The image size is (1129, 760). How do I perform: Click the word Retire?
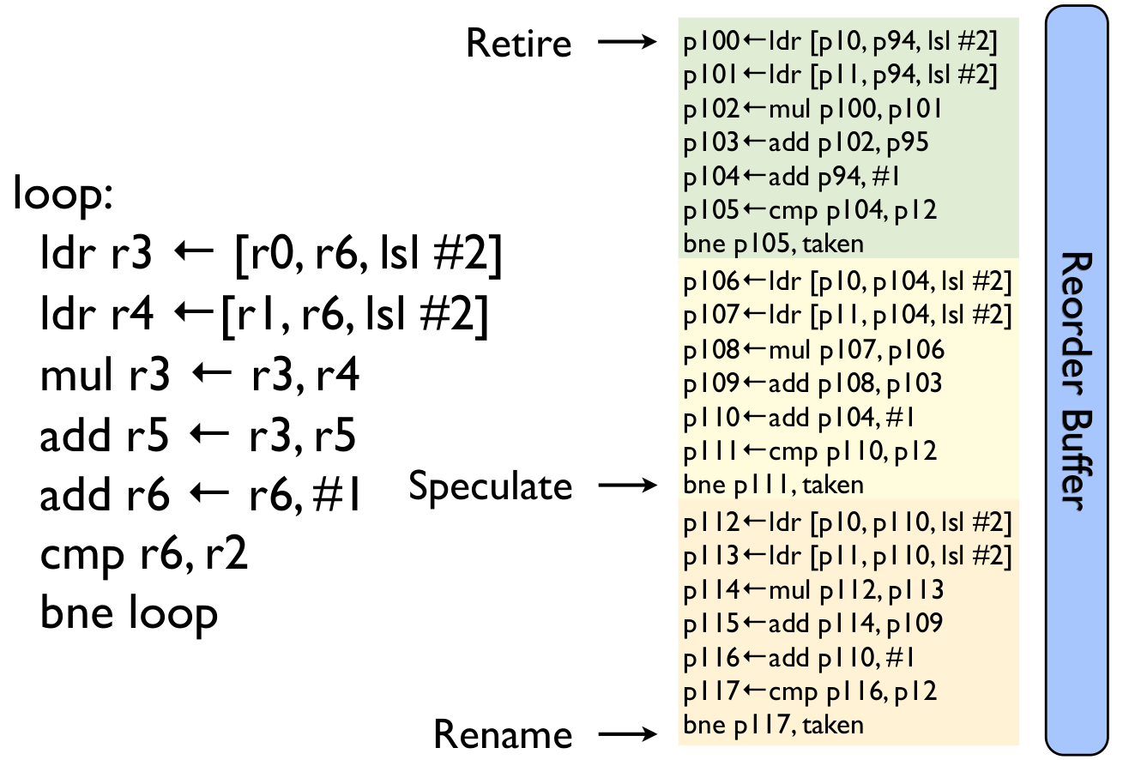pos(518,42)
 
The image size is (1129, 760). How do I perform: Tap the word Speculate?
pos(490,486)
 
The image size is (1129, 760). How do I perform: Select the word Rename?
pos(503,734)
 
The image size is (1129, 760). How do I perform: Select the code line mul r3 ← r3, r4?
pos(199,377)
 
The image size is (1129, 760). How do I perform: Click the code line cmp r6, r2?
pos(144,556)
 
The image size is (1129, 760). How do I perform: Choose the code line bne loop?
pos(129,613)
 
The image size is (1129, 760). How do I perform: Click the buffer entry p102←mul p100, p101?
pos(813,109)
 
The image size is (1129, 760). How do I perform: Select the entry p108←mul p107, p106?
pos(813,349)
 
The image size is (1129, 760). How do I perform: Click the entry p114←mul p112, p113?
pos(813,589)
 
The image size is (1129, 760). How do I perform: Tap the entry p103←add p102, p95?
pos(806,142)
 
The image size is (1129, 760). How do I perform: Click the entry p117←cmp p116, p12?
pos(810,691)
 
